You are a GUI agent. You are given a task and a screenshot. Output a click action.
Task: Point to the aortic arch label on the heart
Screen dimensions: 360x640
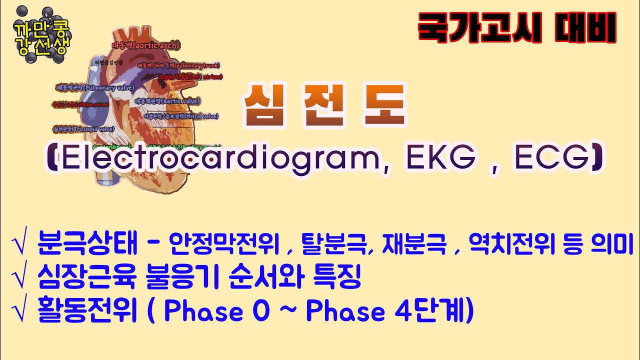[x=145, y=45]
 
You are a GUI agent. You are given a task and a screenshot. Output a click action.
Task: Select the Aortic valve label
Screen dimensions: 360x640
[x=167, y=101]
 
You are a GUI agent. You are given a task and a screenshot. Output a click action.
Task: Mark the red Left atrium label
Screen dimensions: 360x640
[x=190, y=77]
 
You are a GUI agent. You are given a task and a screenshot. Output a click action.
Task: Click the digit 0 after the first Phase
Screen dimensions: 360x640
[x=260, y=312]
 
